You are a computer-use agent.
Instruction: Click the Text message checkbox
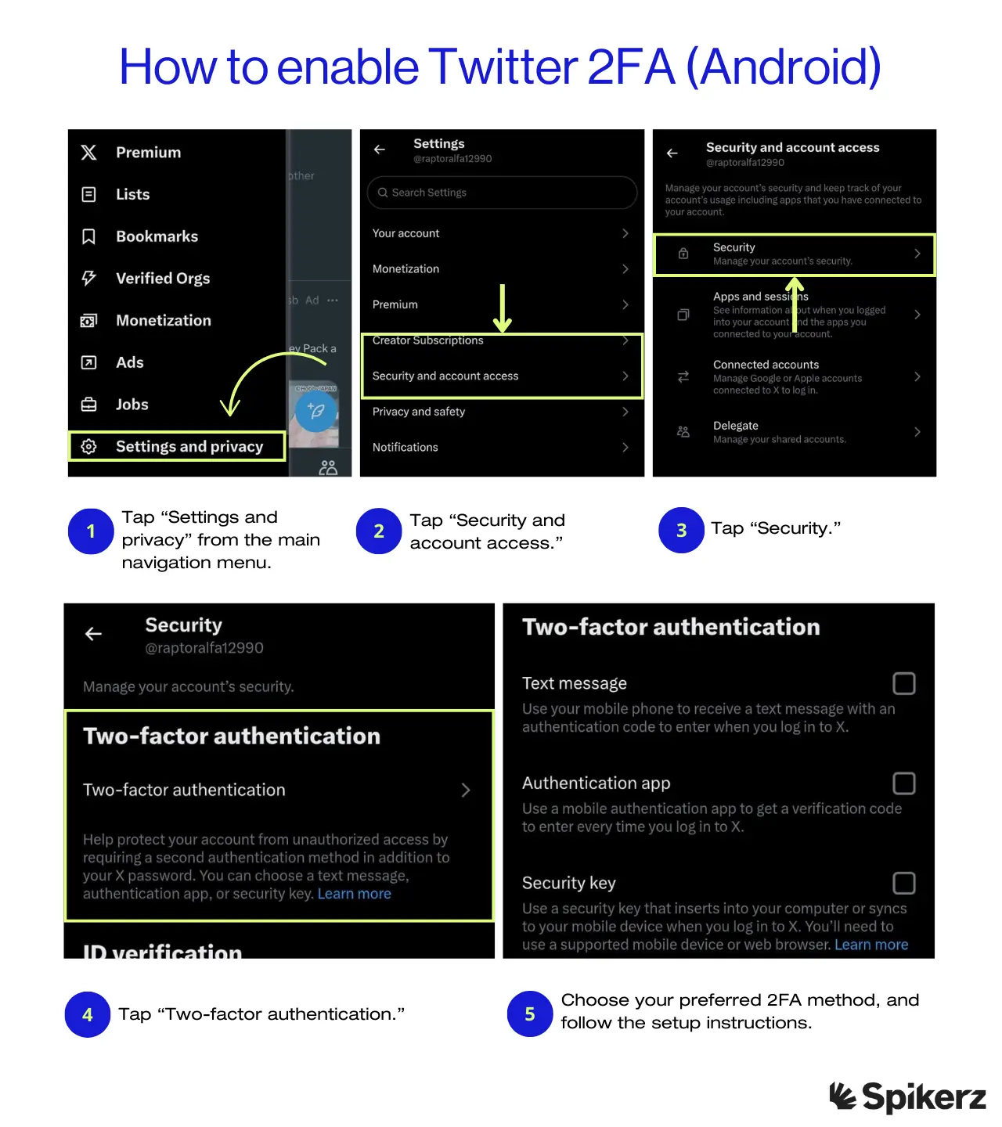click(903, 683)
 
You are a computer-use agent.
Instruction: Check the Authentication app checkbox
click(903, 783)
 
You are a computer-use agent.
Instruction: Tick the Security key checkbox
click(903, 884)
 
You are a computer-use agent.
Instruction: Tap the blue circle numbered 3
click(681, 531)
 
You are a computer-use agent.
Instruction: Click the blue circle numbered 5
click(530, 1014)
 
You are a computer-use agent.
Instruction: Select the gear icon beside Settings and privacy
click(89, 446)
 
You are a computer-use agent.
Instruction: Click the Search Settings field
click(502, 193)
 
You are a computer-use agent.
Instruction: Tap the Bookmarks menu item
click(157, 236)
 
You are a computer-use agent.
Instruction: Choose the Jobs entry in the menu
click(132, 405)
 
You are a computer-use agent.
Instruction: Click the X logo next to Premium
click(89, 153)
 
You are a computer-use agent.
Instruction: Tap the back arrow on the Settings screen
click(380, 149)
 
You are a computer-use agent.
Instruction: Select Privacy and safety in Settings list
click(419, 412)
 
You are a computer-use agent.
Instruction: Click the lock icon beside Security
click(683, 254)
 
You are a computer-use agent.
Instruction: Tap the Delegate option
click(736, 426)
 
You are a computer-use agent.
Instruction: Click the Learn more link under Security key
click(871, 945)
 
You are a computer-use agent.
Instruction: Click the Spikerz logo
click(907, 1096)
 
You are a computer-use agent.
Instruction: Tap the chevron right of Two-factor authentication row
click(466, 790)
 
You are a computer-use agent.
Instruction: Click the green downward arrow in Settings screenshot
click(503, 309)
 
